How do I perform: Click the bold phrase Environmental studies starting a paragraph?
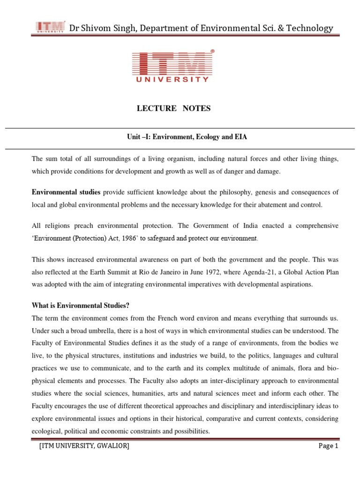click(66, 192)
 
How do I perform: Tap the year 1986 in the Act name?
click(133, 238)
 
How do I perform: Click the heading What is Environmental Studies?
click(80, 306)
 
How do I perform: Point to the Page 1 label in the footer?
click(328, 446)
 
